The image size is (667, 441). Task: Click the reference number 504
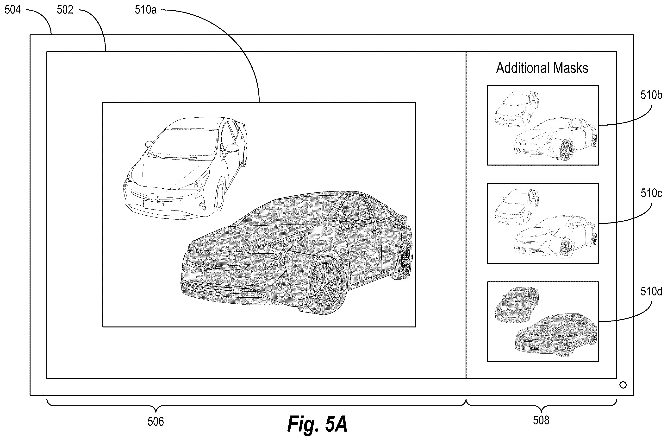click(13, 10)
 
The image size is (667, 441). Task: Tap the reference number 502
click(65, 10)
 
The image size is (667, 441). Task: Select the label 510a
click(145, 10)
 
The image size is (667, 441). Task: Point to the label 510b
click(651, 95)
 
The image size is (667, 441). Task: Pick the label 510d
click(651, 291)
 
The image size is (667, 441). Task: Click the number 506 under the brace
click(156, 422)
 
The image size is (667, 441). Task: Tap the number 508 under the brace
click(541, 420)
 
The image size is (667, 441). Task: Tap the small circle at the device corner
click(623, 385)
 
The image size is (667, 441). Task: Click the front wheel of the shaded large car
click(326, 284)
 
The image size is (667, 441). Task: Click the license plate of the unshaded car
click(153, 205)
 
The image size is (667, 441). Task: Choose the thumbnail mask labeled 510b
click(543, 125)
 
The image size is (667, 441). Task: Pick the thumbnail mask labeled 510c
click(543, 223)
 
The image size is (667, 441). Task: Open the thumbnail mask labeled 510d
click(543, 321)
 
